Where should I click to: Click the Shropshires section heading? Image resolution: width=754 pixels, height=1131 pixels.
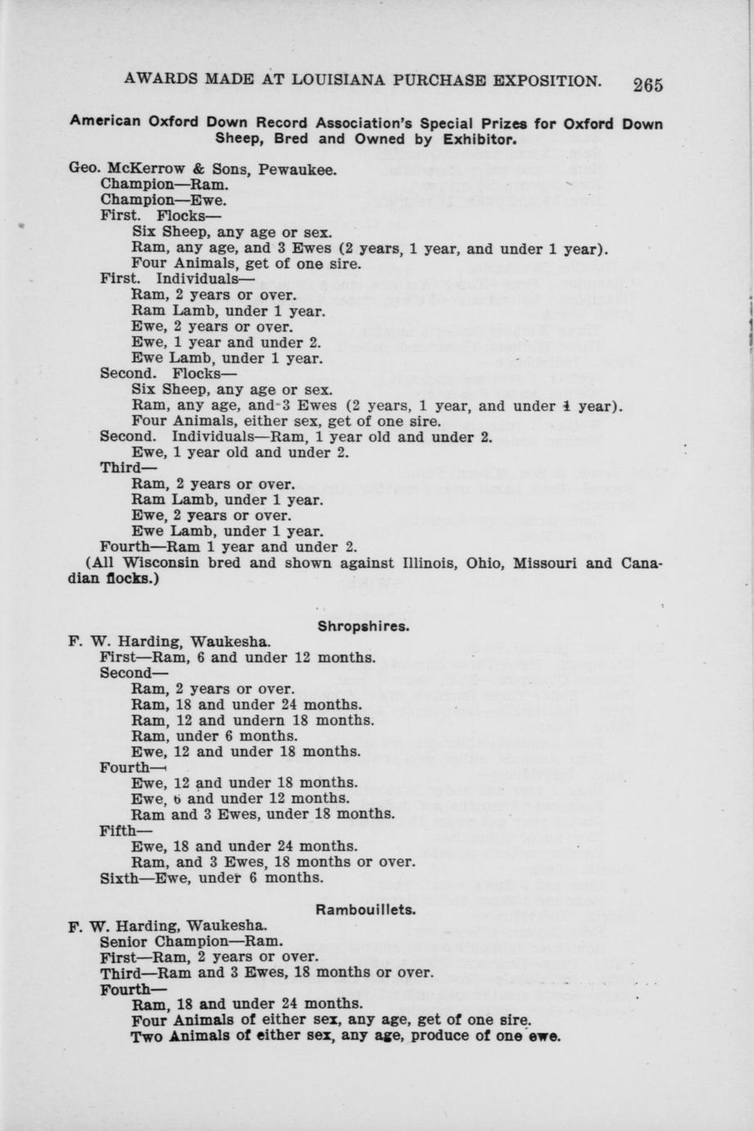(364, 627)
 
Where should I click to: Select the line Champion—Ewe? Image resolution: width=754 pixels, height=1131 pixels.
(163, 200)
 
